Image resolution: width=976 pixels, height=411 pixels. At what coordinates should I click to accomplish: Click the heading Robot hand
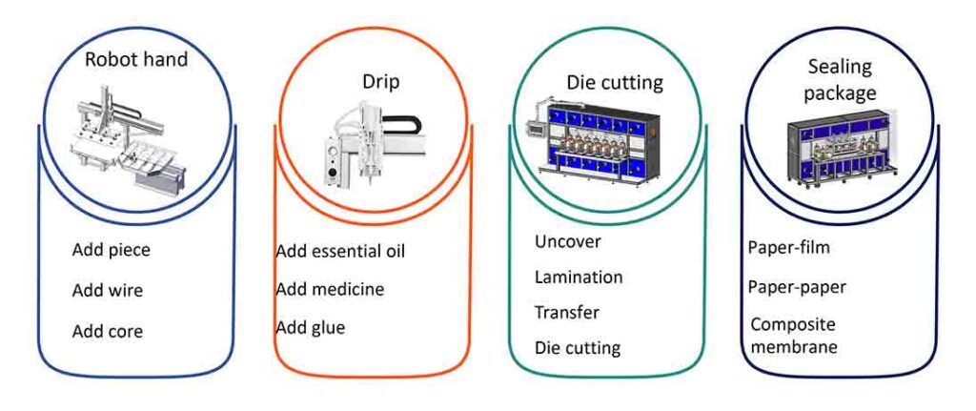click(136, 59)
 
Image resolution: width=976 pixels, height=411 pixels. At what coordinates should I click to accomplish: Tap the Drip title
click(381, 83)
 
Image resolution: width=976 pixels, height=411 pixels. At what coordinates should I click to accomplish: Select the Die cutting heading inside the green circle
click(615, 82)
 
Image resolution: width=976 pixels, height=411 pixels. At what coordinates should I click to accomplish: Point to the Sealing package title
click(840, 80)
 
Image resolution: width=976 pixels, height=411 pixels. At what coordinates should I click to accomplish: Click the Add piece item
click(112, 251)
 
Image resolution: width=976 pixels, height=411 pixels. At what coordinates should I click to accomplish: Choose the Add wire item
click(108, 290)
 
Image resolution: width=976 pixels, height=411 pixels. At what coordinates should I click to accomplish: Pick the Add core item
click(108, 331)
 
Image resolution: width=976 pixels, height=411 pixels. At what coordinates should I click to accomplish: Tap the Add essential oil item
click(340, 251)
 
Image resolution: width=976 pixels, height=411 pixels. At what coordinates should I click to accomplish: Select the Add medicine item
click(330, 289)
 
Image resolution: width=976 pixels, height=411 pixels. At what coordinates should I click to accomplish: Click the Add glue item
click(311, 327)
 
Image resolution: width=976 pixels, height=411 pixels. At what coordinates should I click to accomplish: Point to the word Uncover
click(568, 241)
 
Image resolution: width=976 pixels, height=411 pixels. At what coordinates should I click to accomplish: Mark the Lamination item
click(579, 277)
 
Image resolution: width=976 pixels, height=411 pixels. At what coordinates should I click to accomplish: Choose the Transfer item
click(566, 312)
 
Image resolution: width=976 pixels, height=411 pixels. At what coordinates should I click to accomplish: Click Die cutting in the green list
click(578, 348)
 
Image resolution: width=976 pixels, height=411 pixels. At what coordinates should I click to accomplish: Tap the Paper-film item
click(788, 247)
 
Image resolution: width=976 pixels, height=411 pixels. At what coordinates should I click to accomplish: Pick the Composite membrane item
click(794, 335)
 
